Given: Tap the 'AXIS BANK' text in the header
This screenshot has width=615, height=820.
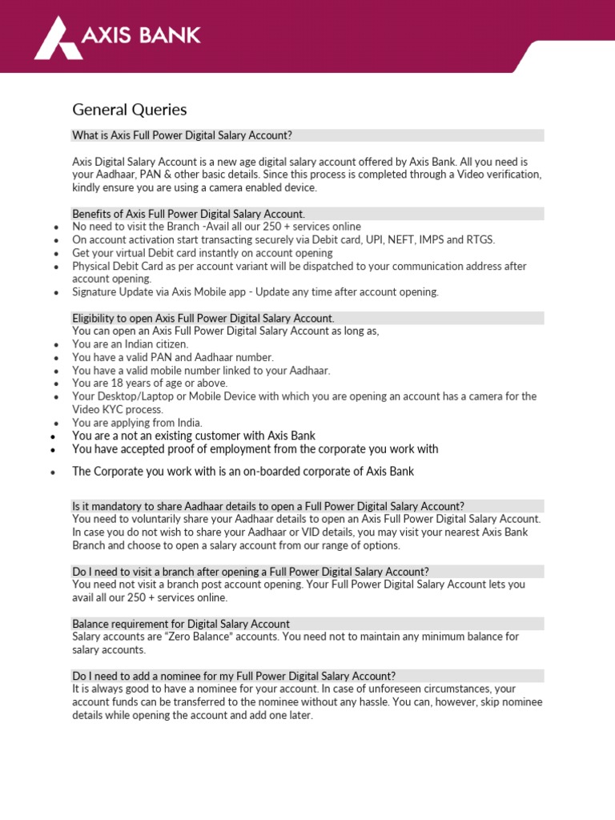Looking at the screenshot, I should click(141, 35).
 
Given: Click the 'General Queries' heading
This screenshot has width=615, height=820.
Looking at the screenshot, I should click(129, 110).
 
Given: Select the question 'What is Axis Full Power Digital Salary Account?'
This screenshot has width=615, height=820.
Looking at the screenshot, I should click(182, 135).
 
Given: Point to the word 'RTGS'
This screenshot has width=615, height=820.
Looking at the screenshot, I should click(480, 239).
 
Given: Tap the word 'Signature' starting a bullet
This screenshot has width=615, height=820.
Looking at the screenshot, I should click(94, 291).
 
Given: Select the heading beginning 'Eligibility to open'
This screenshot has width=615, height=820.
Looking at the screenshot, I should click(203, 318).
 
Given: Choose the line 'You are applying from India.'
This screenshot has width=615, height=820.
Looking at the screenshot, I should click(137, 423).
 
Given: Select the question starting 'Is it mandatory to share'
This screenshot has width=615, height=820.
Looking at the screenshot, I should click(267, 506).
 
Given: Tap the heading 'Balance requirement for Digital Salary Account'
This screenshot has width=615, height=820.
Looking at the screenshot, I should click(181, 623).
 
